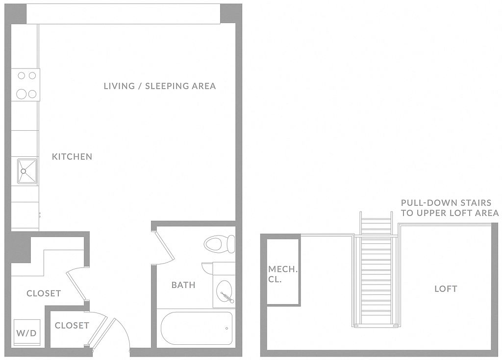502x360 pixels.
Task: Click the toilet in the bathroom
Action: pyautogui.click(x=219, y=244)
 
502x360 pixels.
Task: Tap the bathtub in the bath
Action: pyautogui.click(x=197, y=328)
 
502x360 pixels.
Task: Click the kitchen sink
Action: pyautogui.click(x=27, y=171)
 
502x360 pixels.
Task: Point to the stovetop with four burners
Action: pyautogui.click(x=26, y=85)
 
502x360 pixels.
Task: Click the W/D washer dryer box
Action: pyautogui.click(x=27, y=333)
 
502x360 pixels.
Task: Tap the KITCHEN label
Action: pyautogui.click(x=72, y=156)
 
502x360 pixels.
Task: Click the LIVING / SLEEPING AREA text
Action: pyautogui.click(x=160, y=86)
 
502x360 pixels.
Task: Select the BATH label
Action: pyautogui.click(x=183, y=285)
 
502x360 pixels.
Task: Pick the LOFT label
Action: pyautogui.click(x=446, y=288)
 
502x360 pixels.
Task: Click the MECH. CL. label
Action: pyautogui.click(x=283, y=274)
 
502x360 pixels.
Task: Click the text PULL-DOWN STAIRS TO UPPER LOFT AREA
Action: pyautogui.click(x=450, y=208)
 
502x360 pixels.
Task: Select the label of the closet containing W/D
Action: pyautogui.click(x=44, y=293)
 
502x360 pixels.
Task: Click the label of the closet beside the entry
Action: pyautogui.click(x=72, y=325)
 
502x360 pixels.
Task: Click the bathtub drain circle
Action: pyautogui.click(x=226, y=328)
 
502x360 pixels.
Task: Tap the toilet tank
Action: pyautogui.click(x=231, y=244)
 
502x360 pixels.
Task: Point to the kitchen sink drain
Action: pyautogui.click(x=23, y=171)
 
